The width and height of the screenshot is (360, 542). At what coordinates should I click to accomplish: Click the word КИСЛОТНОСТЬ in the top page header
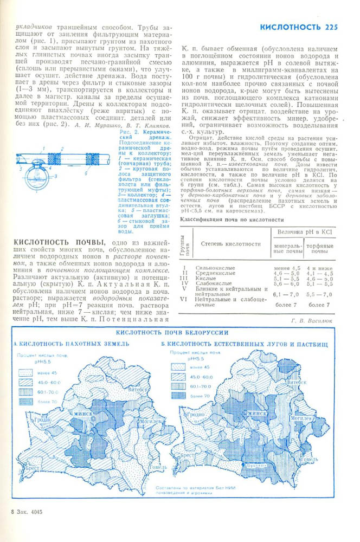click(x=291, y=27)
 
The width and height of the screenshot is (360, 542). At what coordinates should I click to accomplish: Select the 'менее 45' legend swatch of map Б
click(x=179, y=367)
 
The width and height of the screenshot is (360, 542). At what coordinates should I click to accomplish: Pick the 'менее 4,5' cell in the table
click(x=287, y=268)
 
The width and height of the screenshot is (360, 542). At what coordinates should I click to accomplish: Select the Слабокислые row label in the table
click(x=210, y=283)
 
